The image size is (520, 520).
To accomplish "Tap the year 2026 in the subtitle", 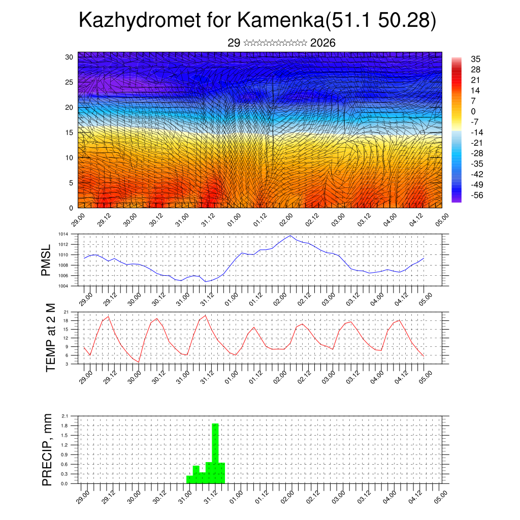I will [x=322, y=43].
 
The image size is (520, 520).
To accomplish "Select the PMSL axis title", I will [x=46, y=259].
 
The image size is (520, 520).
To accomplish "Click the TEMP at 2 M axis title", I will [x=50, y=338].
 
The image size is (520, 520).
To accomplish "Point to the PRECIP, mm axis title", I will [x=47, y=449].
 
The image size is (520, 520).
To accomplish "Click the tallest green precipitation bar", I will [x=215, y=453].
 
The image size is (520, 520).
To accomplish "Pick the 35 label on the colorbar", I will [x=476, y=59].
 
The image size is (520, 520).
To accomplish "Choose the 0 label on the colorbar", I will [x=473, y=111].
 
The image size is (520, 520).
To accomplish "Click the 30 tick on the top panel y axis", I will [x=69, y=57].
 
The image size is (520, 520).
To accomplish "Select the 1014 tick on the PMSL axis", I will [x=62, y=234].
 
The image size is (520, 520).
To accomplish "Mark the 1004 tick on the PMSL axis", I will [x=62, y=286].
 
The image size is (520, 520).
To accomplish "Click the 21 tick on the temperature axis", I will [x=66, y=312].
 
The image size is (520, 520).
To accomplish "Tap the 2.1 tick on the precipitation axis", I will [x=64, y=416].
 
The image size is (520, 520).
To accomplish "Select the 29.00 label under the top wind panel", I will [x=78, y=220].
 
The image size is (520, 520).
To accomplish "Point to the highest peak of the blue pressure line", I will [x=290, y=236].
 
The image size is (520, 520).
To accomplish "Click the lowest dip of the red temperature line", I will [x=139, y=362].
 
